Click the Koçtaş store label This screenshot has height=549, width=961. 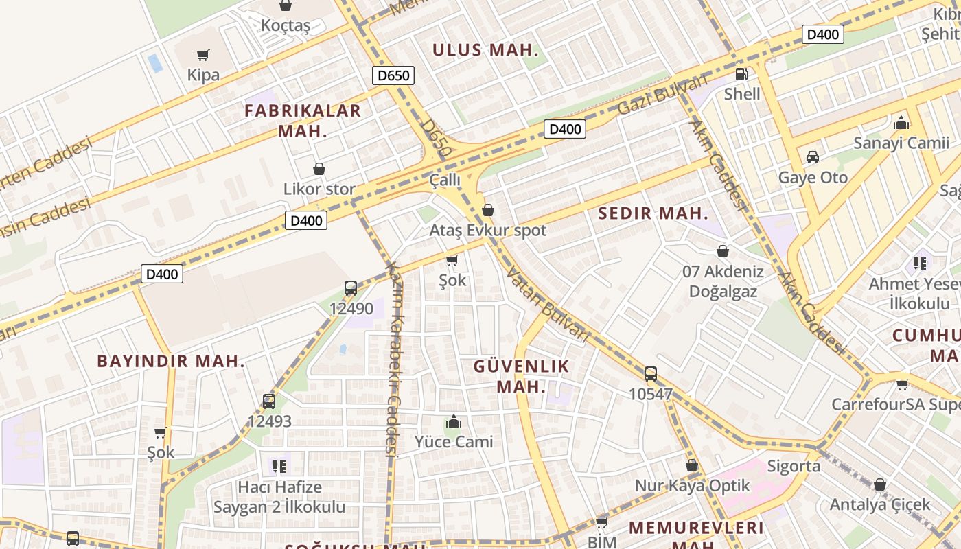(286, 26)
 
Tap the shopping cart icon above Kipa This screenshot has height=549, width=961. (202, 55)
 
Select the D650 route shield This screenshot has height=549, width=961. (393, 75)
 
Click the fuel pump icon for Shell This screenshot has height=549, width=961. (741, 74)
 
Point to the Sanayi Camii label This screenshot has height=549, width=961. (901, 143)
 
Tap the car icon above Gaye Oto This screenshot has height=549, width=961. (813, 157)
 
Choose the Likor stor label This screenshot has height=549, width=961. (319, 189)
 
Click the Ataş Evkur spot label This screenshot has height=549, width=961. (487, 230)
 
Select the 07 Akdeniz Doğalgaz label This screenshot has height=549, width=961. (723, 281)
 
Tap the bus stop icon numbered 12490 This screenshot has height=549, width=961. (351, 288)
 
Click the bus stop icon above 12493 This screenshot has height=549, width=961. (269, 401)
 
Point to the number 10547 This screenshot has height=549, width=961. (650, 394)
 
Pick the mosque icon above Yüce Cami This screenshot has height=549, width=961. (453, 422)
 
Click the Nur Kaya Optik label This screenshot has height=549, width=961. (692, 486)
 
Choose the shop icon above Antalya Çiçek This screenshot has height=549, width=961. (880, 485)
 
